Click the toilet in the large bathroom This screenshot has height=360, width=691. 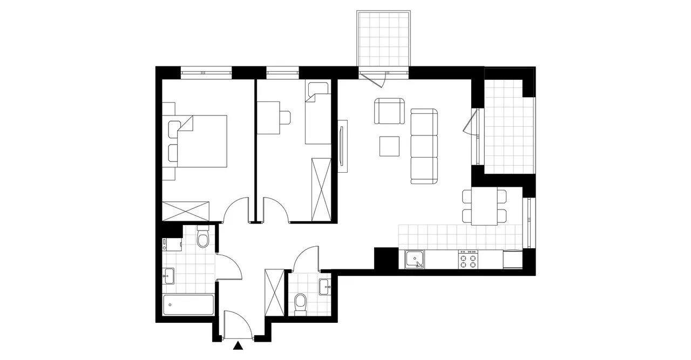[203, 237]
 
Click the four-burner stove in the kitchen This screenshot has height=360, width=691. [468, 260]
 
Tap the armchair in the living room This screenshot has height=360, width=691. [389, 111]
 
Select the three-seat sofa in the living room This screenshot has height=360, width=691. [423, 146]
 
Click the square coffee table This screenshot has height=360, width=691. [389, 146]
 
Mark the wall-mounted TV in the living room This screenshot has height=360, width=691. [342, 146]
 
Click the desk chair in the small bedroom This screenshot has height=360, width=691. [284, 117]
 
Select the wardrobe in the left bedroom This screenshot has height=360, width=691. [186, 210]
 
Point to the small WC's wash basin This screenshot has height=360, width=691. [324, 287]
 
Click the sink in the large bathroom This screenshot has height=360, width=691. [168, 276]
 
